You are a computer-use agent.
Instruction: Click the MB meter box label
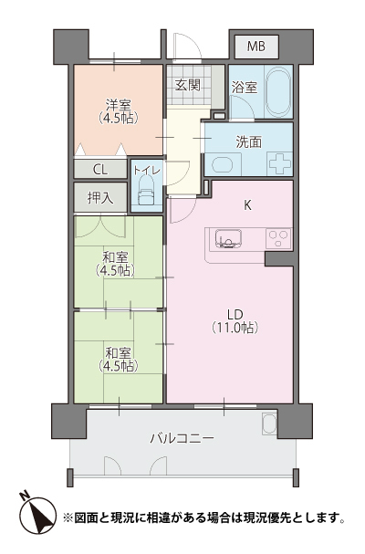tap(256, 47)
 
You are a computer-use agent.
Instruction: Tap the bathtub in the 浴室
tap(278, 92)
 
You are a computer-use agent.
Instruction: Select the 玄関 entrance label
tap(188, 85)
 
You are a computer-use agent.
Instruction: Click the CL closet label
tap(100, 170)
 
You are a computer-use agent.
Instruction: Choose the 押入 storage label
tap(100, 197)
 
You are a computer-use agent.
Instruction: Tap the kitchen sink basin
tap(229, 239)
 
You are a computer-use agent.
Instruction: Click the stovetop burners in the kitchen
tap(278, 239)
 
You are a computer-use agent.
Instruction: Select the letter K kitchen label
tap(247, 205)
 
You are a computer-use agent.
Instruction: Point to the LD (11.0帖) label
tap(235, 321)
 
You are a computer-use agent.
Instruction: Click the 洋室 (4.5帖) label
tap(119, 111)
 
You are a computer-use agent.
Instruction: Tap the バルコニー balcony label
tap(182, 439)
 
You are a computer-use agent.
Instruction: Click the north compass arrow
tap(37, 516)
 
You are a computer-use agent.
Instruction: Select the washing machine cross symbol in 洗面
tap(280, 162)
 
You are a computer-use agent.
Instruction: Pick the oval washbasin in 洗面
tap(222, 164)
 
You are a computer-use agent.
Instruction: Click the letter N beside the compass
tap(24, 495)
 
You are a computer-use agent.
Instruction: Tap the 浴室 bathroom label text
tap(245, 88)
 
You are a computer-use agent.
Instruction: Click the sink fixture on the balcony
tap(268, 423)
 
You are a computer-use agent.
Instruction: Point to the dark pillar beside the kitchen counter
tap(280, 259)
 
